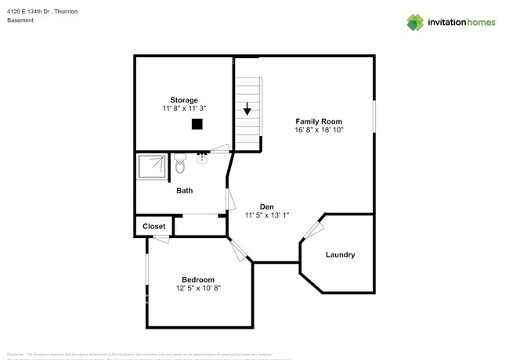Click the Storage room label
point(184,100)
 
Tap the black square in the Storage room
point(197,124)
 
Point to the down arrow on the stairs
point(247,109)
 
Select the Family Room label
point(319,121)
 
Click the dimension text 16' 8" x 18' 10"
point(319,130)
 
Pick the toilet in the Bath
point(180,165)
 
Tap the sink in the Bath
point(202,159)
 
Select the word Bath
point(184,190)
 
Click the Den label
point(267,207)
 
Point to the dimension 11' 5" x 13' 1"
point(267,215)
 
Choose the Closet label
point(153,226)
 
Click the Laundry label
point(340,254)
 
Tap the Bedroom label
point(198,279)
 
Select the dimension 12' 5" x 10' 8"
point(198,289)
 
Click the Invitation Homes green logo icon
point(415,22)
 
